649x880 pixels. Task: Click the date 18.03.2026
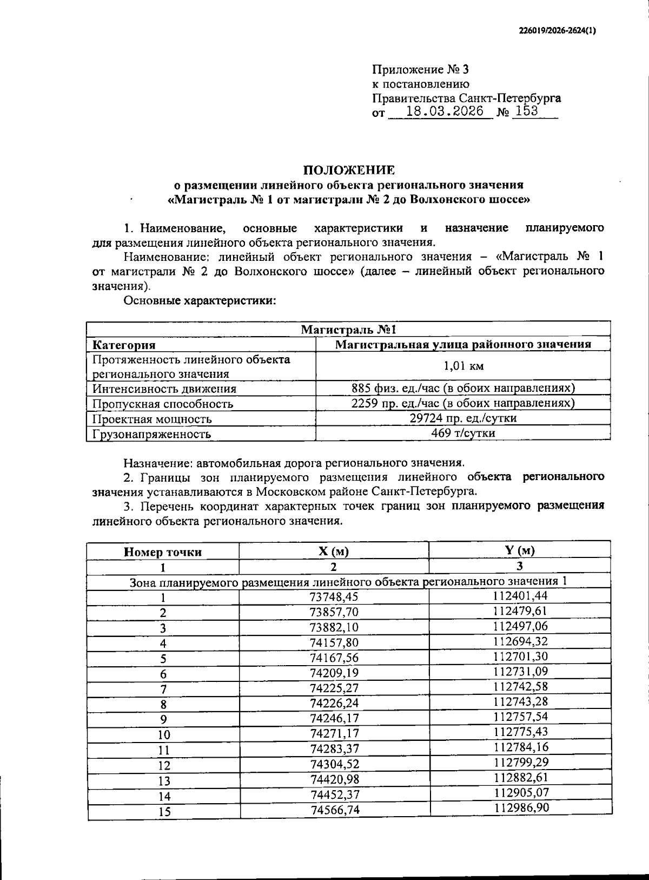445,112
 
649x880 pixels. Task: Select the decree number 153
527,111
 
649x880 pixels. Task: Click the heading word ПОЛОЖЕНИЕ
348,170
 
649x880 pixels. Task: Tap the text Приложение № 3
421,70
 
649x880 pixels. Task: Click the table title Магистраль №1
349,330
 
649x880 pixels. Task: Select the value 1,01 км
463,366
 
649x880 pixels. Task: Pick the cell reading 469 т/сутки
463,433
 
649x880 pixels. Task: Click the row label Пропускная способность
162,404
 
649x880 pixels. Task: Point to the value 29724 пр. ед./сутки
463,418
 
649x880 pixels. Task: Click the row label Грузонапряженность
151,434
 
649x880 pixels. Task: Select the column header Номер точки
163,552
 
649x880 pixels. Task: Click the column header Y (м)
519,551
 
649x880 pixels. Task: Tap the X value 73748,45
334,596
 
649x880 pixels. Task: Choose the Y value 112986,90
520,808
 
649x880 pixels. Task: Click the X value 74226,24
334,703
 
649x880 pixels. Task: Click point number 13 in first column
163,781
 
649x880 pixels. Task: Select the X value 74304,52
334,764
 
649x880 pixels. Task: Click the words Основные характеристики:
200,301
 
